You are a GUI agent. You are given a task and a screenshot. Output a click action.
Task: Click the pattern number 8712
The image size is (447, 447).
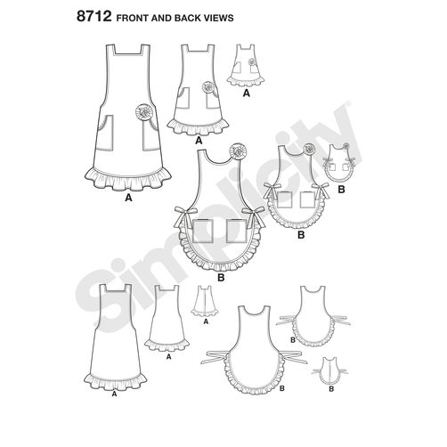click(93, 17)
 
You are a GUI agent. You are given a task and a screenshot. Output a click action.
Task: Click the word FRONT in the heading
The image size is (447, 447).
click(132, 18)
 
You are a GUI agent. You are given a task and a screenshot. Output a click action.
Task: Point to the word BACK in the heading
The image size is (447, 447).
click(188, 18)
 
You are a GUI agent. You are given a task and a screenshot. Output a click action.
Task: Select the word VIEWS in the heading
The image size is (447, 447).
click(219, 18)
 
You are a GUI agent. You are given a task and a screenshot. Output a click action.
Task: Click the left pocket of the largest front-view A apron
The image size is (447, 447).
click(105, 133)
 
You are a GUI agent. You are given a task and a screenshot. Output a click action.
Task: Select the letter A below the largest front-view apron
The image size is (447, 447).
click(128, 198)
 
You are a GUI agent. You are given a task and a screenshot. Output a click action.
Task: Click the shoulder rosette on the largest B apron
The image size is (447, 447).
click(237, 150)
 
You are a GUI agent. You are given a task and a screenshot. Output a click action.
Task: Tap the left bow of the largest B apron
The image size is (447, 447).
click(184, 216)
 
